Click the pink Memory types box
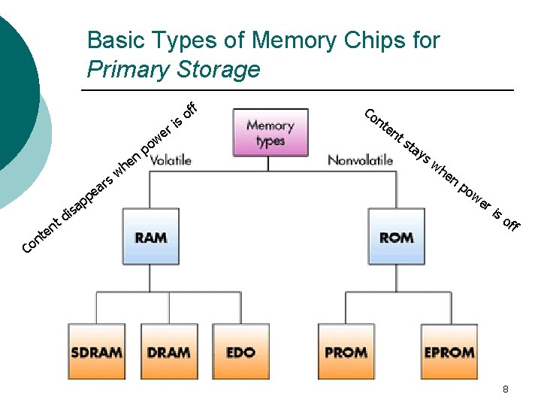click(x=270, y=132)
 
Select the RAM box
click(x=150, y=236)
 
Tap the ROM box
click(x=396, y=236)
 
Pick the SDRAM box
click(x=97, y=351)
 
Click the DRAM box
click(x=168, y=351)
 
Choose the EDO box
click(x=240, y=351)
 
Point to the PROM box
click(x=346, y=351)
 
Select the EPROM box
click(x=449, y=351)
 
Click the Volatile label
click(x=171, y=160)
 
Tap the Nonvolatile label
click(x=360, y=160)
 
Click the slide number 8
click(x=505, y=389)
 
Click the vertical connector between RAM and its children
click(x=150, y=278)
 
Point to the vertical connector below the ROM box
click(x=396, y=278)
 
